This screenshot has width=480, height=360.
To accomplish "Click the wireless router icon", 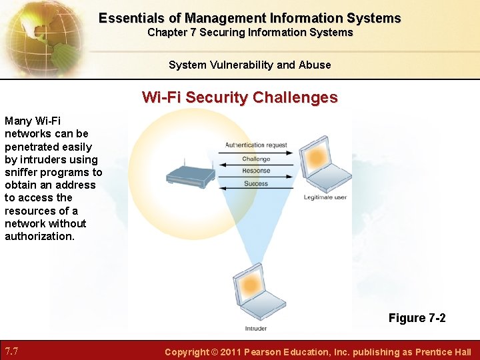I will tap(190, 173).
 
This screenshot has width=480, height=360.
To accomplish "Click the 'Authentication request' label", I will tap(256, 145).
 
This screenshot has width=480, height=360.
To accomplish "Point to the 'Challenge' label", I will tap(256, 159).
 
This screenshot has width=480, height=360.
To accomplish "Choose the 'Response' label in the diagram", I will tap(256, 171).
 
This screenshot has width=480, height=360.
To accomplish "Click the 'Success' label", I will tap(256, 183).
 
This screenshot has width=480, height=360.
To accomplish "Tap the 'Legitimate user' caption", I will tap(325, 197).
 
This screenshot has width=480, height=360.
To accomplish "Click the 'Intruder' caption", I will tap(255, 328).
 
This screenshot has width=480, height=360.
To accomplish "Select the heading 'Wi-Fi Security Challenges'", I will tap(239, 98).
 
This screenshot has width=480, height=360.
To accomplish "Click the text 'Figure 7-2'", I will tap(417, 318).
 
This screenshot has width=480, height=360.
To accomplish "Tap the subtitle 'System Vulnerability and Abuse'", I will tap(249, 65).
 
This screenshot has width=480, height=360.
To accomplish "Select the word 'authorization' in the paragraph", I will tap(39, 236).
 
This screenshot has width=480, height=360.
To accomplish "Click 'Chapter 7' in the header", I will tap(170, 32).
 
